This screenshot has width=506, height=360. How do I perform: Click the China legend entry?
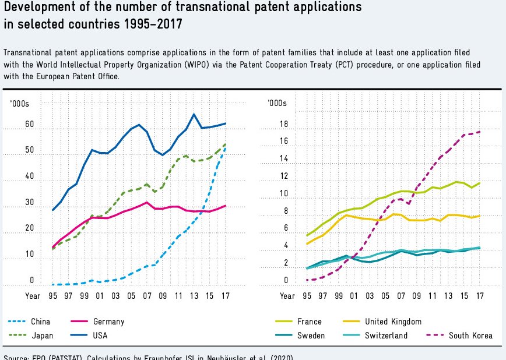40,321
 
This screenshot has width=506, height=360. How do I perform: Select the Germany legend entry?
108,321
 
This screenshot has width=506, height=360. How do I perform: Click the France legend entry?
309,321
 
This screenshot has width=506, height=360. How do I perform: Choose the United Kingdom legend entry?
392,321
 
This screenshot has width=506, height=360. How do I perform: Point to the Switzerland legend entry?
386,336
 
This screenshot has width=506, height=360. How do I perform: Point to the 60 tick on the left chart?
30,125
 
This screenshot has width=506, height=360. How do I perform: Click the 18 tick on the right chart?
284,124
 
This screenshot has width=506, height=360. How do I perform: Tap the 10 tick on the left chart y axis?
30,255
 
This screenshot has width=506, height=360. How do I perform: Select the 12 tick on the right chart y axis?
284,176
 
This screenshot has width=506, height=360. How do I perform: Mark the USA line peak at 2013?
194,114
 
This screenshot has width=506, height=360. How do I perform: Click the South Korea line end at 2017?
479,132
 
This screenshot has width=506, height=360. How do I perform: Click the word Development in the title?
35,8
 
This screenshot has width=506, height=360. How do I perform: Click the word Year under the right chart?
287,296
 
